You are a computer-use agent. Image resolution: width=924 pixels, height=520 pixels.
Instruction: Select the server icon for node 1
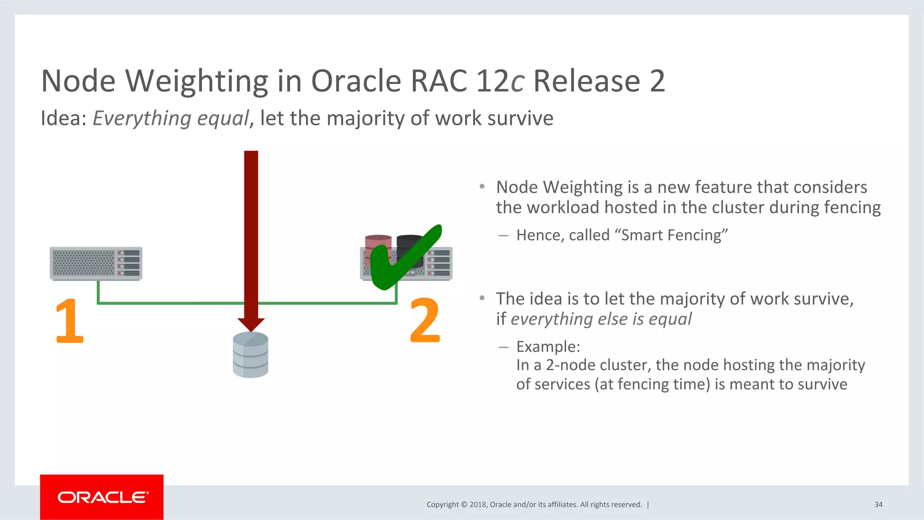click(96, 263)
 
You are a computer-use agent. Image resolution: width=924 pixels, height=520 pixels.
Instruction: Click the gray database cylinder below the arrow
click(250, 354)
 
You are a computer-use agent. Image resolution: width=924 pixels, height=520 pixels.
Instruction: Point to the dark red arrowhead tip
click(251, 328)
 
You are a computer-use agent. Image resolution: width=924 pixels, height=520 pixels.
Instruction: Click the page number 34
click(878, 505)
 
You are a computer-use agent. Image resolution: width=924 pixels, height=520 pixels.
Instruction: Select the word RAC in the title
click(439, 81)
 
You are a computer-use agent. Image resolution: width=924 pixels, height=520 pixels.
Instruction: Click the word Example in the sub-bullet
click(547, 347)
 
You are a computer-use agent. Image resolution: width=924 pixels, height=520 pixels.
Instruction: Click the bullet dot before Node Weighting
click(482, 186)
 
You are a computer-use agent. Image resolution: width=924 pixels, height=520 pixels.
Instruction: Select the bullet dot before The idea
click(482, 298)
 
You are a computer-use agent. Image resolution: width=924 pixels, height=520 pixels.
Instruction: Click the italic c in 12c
click(517, 81)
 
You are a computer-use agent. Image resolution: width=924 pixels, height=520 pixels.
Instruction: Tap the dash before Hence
click(504, 236)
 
